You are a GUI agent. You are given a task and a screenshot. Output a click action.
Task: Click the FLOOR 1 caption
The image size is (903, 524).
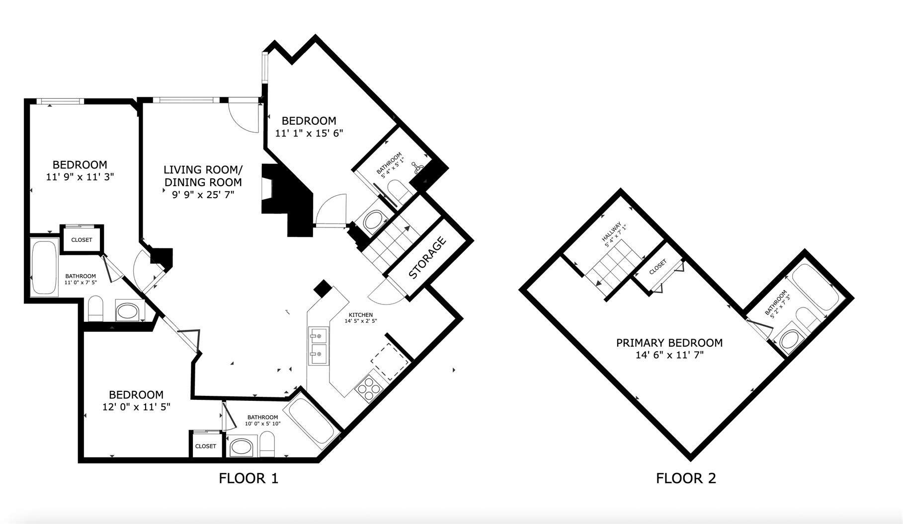248,478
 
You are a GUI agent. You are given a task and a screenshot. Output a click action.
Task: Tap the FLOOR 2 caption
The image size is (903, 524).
686,478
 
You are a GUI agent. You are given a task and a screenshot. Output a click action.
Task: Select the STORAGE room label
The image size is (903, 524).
427,258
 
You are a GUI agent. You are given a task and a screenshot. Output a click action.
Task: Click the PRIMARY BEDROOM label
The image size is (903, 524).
669,343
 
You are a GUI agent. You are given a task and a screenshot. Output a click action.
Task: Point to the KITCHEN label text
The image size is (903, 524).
361,315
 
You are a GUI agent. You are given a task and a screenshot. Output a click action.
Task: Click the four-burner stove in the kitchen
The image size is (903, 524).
367,389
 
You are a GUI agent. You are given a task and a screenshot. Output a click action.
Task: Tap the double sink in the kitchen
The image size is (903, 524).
318,346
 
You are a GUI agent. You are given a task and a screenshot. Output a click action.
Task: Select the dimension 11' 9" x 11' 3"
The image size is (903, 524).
80,177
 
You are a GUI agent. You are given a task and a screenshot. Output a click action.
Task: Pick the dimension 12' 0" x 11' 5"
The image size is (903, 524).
136,407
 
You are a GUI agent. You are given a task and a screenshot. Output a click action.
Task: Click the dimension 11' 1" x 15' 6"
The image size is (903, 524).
309,133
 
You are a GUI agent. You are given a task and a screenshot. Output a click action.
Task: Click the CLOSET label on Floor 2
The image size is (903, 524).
657,267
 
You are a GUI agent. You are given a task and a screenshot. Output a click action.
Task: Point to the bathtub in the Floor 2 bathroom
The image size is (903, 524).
815,289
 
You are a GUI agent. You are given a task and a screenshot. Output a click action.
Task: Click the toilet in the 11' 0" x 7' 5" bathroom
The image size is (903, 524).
95,308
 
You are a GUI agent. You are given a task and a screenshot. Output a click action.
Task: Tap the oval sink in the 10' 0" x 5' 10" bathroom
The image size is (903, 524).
242,447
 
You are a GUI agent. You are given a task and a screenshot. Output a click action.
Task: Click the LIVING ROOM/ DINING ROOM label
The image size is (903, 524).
203,176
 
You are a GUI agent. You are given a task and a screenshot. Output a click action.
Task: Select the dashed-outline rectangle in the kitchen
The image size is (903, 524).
390,362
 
